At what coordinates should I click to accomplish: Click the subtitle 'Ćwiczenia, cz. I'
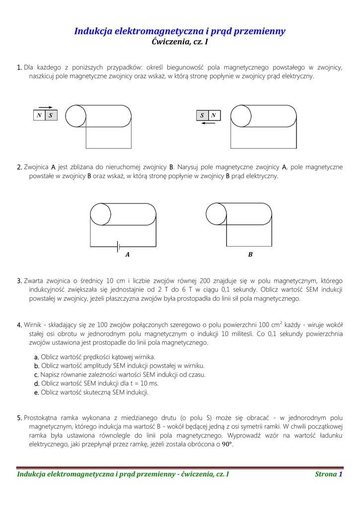179,43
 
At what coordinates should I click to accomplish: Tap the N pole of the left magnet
39,116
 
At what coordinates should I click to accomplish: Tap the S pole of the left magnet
51,116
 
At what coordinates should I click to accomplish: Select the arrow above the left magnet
45,107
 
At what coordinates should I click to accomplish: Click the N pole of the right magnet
214,116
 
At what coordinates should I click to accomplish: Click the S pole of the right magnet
202,116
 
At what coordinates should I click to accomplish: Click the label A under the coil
128,254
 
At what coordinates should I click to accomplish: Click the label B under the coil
250,254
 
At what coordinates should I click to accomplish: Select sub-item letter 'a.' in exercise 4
36,357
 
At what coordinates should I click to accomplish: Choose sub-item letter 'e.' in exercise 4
36,392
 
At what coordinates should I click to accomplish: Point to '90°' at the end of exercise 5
226,444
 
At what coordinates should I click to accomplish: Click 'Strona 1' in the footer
329,474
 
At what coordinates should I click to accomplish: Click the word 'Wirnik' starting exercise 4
33,325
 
